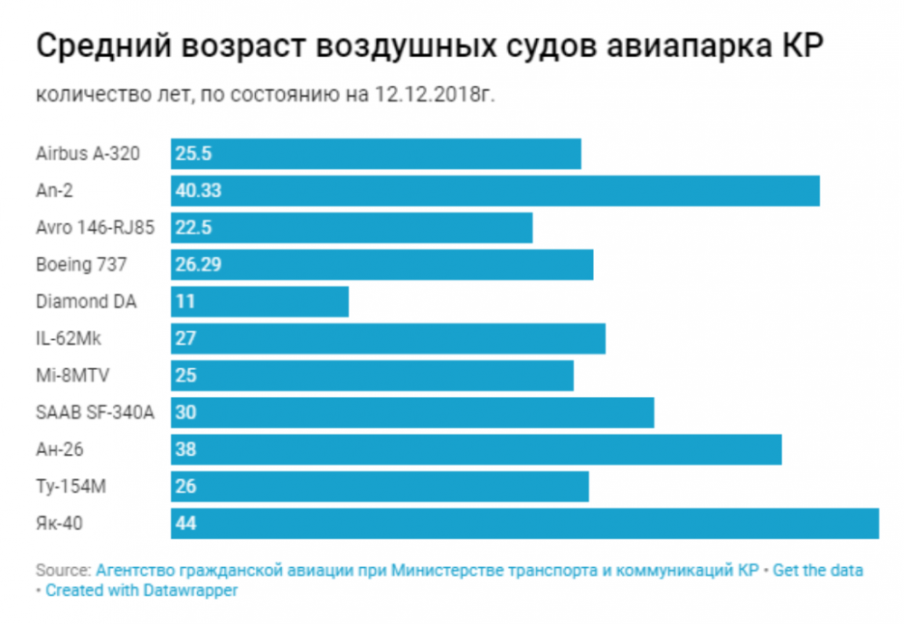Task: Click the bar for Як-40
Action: point(524,524)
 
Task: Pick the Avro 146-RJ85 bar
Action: point(352,228)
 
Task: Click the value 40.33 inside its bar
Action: point(199,191)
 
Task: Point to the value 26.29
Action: point(199,265)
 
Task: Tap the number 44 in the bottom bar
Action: point(186,524)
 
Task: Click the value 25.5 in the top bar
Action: point(193,154)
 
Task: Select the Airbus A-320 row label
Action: point(88,154)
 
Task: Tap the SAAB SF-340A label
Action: point(95,413)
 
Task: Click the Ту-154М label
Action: point(71,487)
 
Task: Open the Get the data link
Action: point(818,571)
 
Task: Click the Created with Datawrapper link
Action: point(142,591)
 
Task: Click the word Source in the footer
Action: point(61,571)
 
